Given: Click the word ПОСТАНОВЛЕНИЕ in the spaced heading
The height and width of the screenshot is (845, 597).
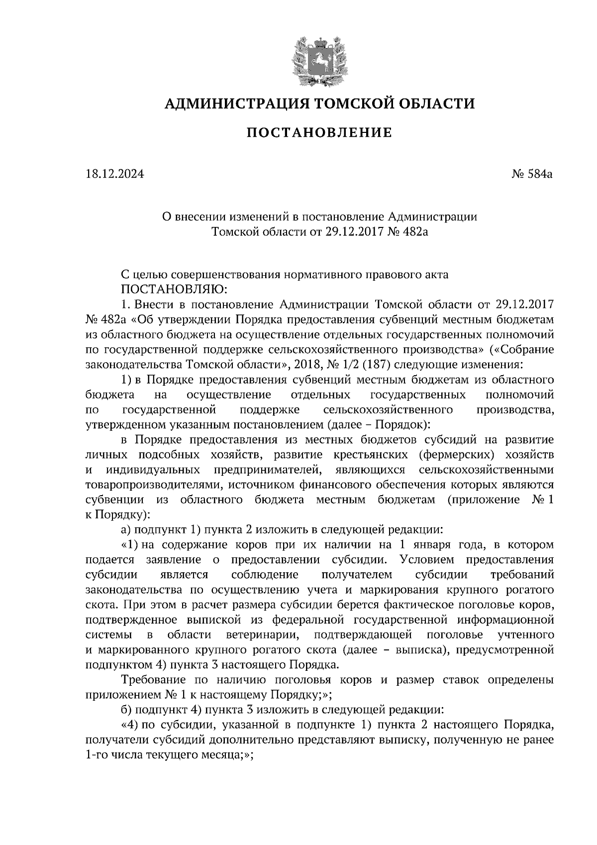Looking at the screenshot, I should [x=319, y=133].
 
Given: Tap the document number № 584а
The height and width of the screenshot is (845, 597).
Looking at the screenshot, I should [x=531, y=174].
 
